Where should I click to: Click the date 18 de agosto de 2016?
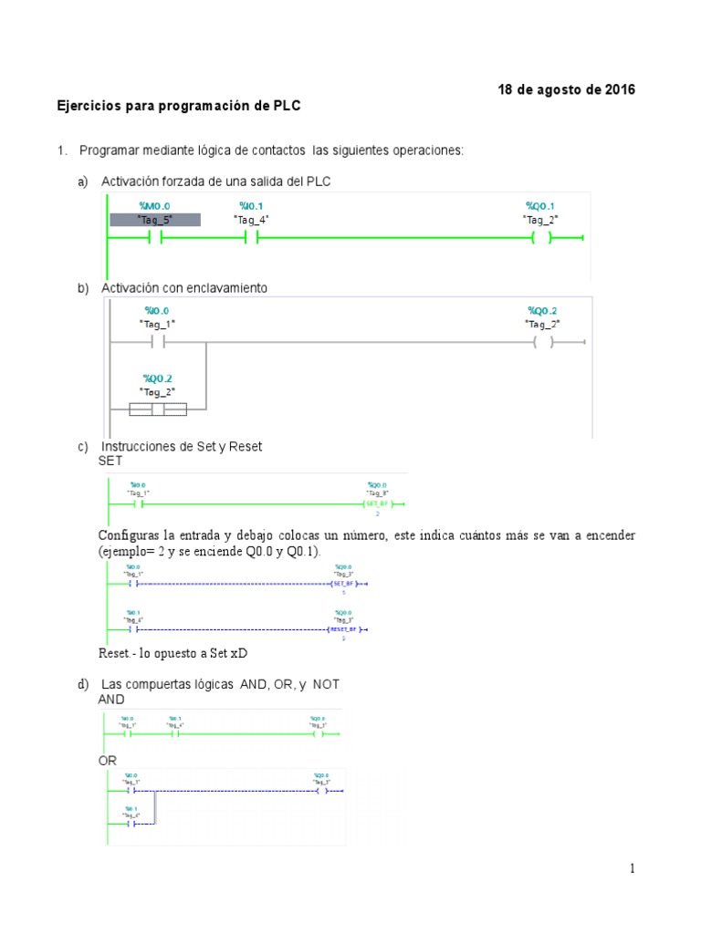tap(566, 89)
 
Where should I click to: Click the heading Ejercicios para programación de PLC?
tap(179, 107)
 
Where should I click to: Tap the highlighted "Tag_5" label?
tap(154, 220)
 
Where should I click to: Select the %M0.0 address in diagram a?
tap(154, 206)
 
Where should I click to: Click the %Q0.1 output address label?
tap(540, 206)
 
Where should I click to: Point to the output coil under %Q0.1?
tap(541, 238)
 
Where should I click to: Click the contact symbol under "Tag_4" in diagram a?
tap(252, 238)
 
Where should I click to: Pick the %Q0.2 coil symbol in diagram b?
tap(543, 343)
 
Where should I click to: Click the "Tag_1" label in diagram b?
tap(157, 324)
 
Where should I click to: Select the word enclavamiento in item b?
tap(225, 288)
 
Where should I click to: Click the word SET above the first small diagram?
tap(110, 462)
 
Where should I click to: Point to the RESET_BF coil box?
tap(344, 629)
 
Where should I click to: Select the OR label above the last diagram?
tap(108, 760)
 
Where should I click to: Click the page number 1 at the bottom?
tap(631, 869)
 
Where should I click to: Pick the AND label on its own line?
tap(111, 700)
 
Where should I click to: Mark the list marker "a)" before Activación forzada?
tap(83, 182)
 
